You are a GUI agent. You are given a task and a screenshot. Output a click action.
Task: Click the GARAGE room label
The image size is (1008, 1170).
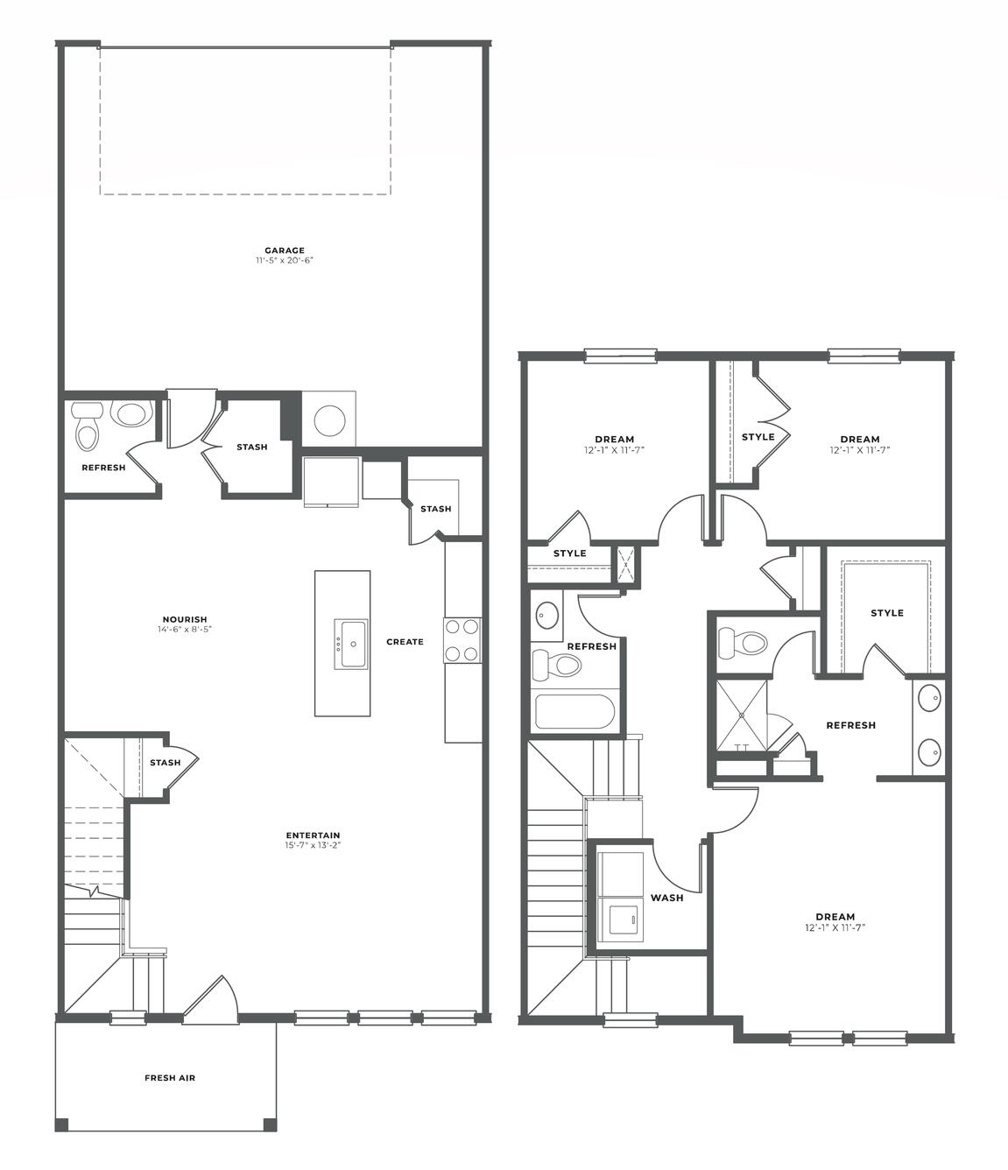coord(284,250)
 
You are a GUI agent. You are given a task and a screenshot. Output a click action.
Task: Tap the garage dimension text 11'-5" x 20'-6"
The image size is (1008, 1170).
coord(284,260)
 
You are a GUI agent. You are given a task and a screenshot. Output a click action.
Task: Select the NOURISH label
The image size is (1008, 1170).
coord(185,619)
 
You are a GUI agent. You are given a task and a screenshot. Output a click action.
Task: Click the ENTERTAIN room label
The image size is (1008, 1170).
coord(313,835)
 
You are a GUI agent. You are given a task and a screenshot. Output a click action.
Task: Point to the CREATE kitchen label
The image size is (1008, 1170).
coord(405,641)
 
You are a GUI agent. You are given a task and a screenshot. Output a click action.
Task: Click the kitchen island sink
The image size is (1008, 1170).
coord(351,645)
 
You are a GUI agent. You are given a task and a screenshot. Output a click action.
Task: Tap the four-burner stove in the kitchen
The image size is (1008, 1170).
coord(462,641)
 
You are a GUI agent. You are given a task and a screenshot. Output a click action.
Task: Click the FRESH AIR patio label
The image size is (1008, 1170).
coord(170,1078)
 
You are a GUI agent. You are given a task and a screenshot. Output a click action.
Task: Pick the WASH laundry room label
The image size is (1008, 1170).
coord(666,898)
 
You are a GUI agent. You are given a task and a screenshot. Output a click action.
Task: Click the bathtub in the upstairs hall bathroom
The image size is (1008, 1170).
coord(575,711)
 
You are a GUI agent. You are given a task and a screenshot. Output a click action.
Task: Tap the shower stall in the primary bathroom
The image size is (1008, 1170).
coord(742,716)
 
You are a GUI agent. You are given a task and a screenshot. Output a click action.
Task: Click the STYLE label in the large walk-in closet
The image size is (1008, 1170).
coord(887,613)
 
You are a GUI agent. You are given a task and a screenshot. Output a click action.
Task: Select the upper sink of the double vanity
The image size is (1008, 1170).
coord(929,697)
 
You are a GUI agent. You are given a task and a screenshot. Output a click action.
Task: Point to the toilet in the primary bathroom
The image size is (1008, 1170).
coord(743,644)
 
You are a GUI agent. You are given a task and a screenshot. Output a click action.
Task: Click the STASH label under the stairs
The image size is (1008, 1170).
coord(166,763)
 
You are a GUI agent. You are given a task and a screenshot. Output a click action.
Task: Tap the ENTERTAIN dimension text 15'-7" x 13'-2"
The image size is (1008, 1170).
coord(313,845)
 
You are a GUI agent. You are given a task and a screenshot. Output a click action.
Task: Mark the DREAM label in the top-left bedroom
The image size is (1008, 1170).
coord(615,440)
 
